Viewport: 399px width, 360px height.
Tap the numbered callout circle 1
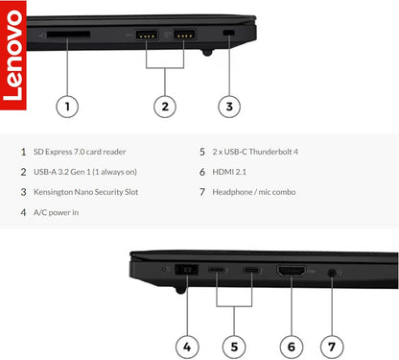click(66, 107)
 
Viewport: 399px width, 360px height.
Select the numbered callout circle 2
click(166, 107)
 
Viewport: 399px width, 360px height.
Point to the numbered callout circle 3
click(227, 107)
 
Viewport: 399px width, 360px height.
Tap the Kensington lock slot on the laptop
click(227, 36)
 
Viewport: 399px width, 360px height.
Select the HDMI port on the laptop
click(291, 273)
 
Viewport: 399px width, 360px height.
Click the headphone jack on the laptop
click(332, 273)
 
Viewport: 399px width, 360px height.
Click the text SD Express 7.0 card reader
click(80, 152)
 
